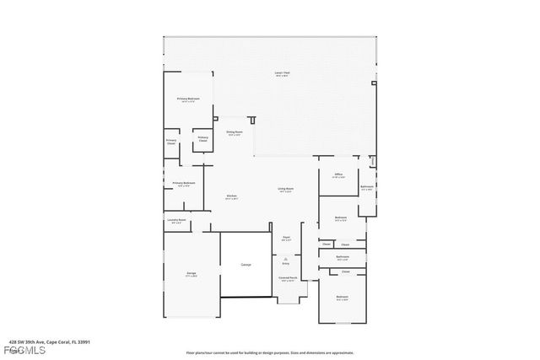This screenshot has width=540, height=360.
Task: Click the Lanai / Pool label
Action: pos(269,73)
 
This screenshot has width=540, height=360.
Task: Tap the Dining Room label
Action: pos(234,132)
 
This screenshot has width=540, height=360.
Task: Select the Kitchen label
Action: pos(231,197)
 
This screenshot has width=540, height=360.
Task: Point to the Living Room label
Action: pos(285,190)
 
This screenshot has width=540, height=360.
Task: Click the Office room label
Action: pos(337,175)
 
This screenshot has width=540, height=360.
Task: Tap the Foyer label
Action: pos(286,239)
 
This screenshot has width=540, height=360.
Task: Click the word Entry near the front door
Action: pos(285,263)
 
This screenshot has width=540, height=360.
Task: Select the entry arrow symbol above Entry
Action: pos(285,257)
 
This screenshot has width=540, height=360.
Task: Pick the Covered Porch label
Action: pos(287,278)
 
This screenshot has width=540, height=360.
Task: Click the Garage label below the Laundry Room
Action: pos(192,275)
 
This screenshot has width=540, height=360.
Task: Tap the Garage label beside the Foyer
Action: pos(246,265)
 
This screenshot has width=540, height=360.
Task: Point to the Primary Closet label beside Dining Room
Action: pos(202,137)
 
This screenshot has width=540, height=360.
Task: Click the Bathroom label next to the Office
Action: pos(367,187)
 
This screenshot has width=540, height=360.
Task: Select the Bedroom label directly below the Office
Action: pos(341,218)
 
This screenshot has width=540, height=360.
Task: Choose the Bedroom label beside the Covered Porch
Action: pos(342,298)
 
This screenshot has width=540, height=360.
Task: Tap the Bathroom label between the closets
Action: pos(343,257)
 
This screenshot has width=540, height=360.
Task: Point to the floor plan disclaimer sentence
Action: pos(269,352)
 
